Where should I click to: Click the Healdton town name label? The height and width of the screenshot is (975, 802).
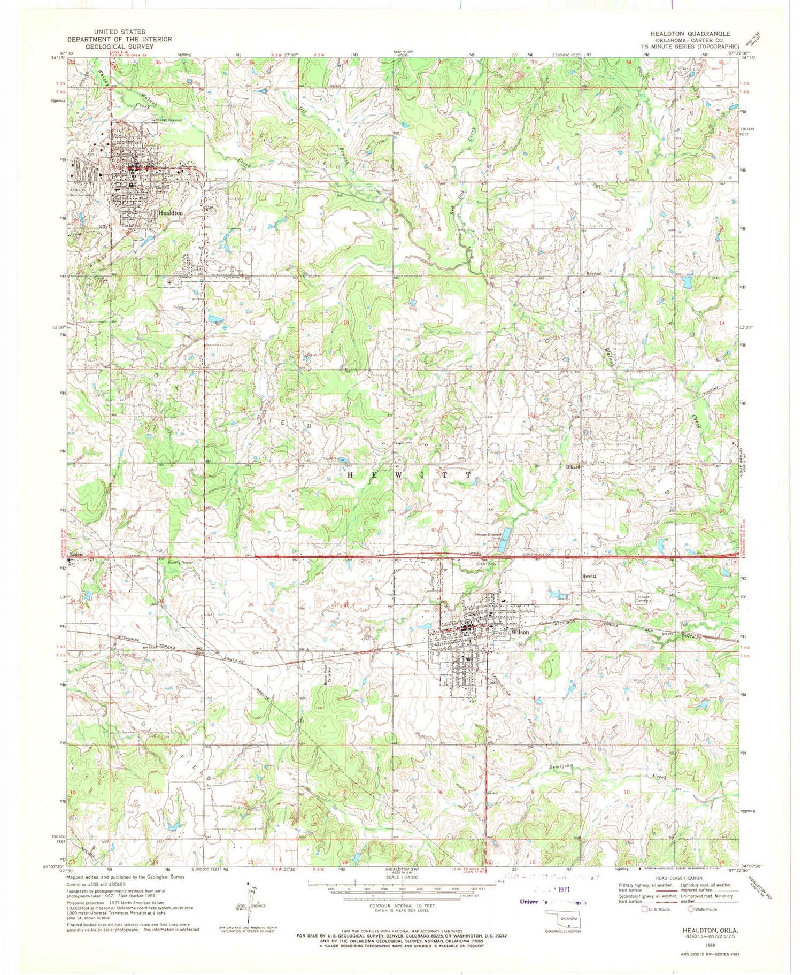pos(171,213)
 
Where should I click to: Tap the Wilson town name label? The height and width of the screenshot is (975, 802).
pos(520,632)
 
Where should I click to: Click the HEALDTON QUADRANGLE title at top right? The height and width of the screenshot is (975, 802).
pos(690,33)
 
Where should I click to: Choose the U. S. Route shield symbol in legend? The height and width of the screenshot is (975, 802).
pos(636,909)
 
